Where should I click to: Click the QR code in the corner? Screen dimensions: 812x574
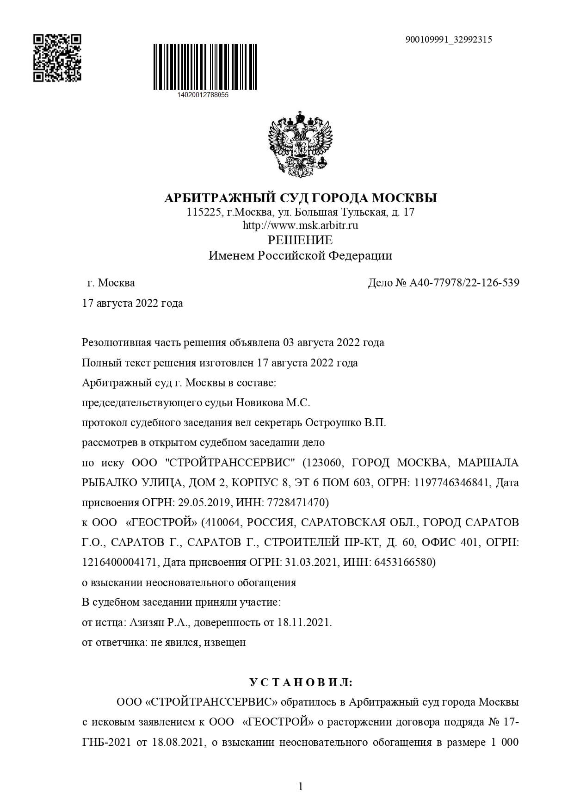(57, 57)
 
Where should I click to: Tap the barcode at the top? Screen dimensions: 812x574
(205, 67)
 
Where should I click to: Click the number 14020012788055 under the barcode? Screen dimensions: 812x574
(203, 95)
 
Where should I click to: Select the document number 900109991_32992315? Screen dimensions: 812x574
(448, 40)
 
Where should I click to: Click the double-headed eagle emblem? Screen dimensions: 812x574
(301, 144)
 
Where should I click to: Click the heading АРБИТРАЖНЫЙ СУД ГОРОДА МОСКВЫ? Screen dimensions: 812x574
(301, 198)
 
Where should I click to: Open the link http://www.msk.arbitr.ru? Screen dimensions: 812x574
(301, 226)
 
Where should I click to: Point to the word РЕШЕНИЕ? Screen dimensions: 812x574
(301, 240)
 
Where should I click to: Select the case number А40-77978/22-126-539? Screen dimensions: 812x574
(464, 283)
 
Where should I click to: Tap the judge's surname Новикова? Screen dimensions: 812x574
(259, 403)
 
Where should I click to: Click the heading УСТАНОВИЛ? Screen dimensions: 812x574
(301, 682)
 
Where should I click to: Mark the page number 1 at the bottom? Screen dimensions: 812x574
(301, 787)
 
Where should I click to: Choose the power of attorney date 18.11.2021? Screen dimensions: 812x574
(304, 622)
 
